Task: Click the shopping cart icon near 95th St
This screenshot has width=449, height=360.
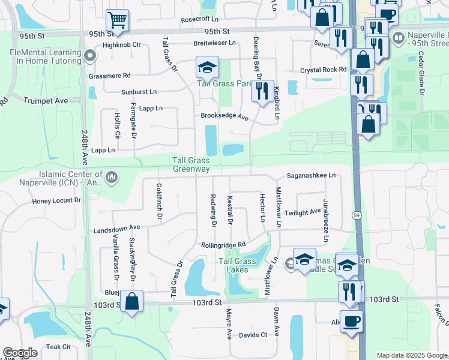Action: click(118, 20)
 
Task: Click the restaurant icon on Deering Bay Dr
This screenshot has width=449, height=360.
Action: click(262, 91)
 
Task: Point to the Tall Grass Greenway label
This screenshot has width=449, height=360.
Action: click(191, 164)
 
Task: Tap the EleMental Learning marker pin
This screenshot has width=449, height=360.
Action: click(91, 57)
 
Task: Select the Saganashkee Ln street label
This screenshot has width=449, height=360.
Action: click(310, 175)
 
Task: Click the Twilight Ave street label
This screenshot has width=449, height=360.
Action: click(303, 212)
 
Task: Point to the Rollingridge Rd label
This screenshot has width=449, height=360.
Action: click(224, 245)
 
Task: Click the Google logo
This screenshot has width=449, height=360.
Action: click(20, 353)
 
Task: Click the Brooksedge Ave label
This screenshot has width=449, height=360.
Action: click(225, 116)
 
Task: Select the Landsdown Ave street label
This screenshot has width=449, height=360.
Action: click(116, 228)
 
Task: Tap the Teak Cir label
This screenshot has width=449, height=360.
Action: click(58, 347)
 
